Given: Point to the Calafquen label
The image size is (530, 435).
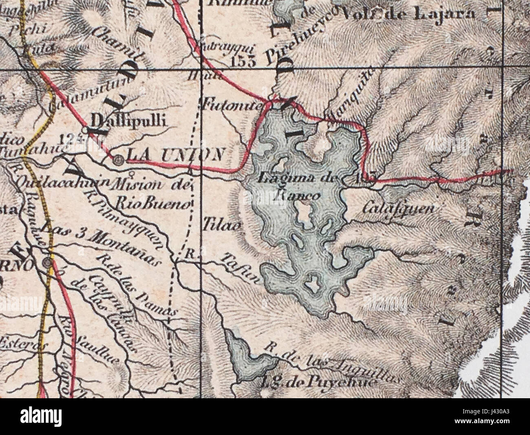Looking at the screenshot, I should click(x=397, y=208).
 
